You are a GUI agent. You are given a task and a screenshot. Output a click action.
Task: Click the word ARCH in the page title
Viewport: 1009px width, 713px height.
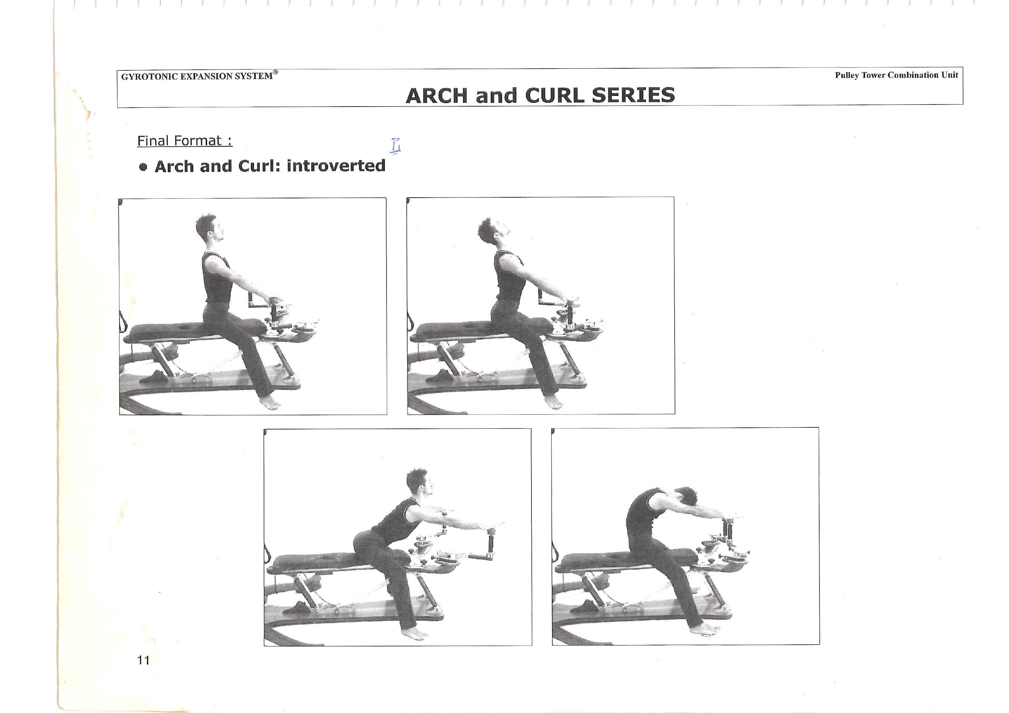point(437,96)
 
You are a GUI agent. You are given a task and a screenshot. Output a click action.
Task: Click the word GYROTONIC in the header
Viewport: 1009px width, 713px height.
point(149,77)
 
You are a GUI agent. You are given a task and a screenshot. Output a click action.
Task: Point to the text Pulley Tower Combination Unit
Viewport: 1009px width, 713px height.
point(897,75)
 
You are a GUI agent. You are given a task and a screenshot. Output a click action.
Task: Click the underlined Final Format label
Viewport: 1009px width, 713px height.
point(185,141)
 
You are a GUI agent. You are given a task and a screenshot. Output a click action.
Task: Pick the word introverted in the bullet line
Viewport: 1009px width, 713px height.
point(336,166)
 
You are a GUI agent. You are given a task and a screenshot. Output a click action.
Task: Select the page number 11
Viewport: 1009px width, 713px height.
point(144,660)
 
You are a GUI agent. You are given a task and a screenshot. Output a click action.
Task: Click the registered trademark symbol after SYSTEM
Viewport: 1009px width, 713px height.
point(275,72)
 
